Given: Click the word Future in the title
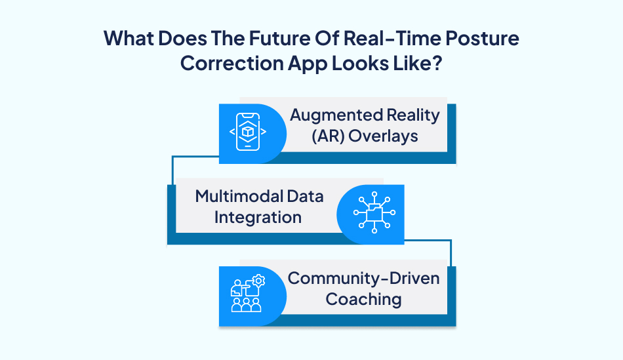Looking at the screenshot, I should [246, 38].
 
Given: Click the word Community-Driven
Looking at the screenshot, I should [364, 277].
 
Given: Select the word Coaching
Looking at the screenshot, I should [363, 300].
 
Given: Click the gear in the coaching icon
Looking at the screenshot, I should [258, 281].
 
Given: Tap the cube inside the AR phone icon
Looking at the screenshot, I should [247, 132].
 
